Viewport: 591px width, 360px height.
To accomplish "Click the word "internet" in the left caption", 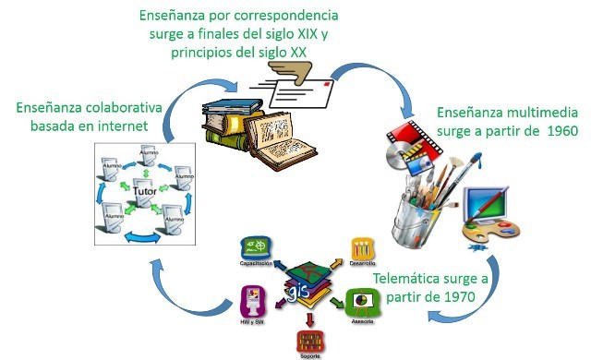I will click(128, 126).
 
